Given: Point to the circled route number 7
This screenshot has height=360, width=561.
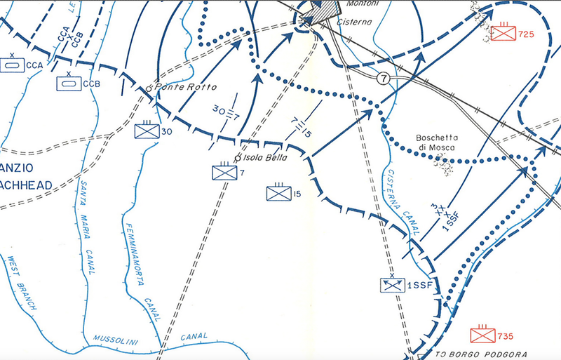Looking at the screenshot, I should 383,78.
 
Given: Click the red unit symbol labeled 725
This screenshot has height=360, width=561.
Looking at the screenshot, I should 503,32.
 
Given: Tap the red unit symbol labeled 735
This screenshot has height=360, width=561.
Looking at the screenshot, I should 482,333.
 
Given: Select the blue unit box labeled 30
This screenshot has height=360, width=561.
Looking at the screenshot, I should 146,131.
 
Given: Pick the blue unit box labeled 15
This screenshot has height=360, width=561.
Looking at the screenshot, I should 278,193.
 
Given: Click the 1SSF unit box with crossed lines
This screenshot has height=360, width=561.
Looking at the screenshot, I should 391,285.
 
